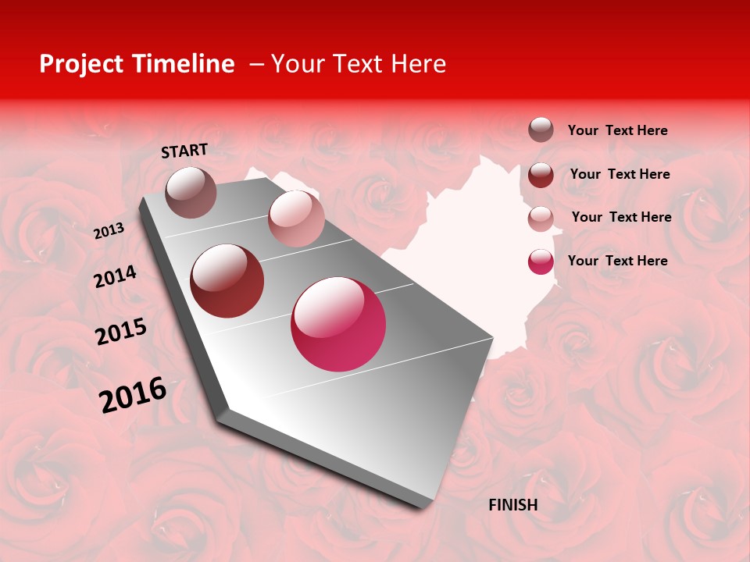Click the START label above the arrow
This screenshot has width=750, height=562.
tap(184, 151)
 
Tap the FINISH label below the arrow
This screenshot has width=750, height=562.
tap(512, 505)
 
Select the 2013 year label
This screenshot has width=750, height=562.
tap(109, 231)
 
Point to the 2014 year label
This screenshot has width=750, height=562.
tap(115, 277)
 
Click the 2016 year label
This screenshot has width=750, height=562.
tap(133, 395)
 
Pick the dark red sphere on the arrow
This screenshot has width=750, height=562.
tap(227, 281)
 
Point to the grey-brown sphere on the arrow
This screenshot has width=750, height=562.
tap(191, 192)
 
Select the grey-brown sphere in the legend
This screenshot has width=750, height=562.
tap(541, 130)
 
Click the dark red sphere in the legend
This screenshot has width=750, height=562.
tap(541, 175)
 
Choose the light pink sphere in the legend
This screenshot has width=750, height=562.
tap(541, 219)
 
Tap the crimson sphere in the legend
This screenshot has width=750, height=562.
tap(541, 261)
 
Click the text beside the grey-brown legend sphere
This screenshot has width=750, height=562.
tap(617, 130)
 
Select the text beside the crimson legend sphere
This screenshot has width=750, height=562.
tap(617, 261)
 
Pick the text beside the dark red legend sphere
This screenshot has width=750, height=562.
tap(620, 174)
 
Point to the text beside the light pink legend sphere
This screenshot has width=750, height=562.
tap(621, 217)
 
